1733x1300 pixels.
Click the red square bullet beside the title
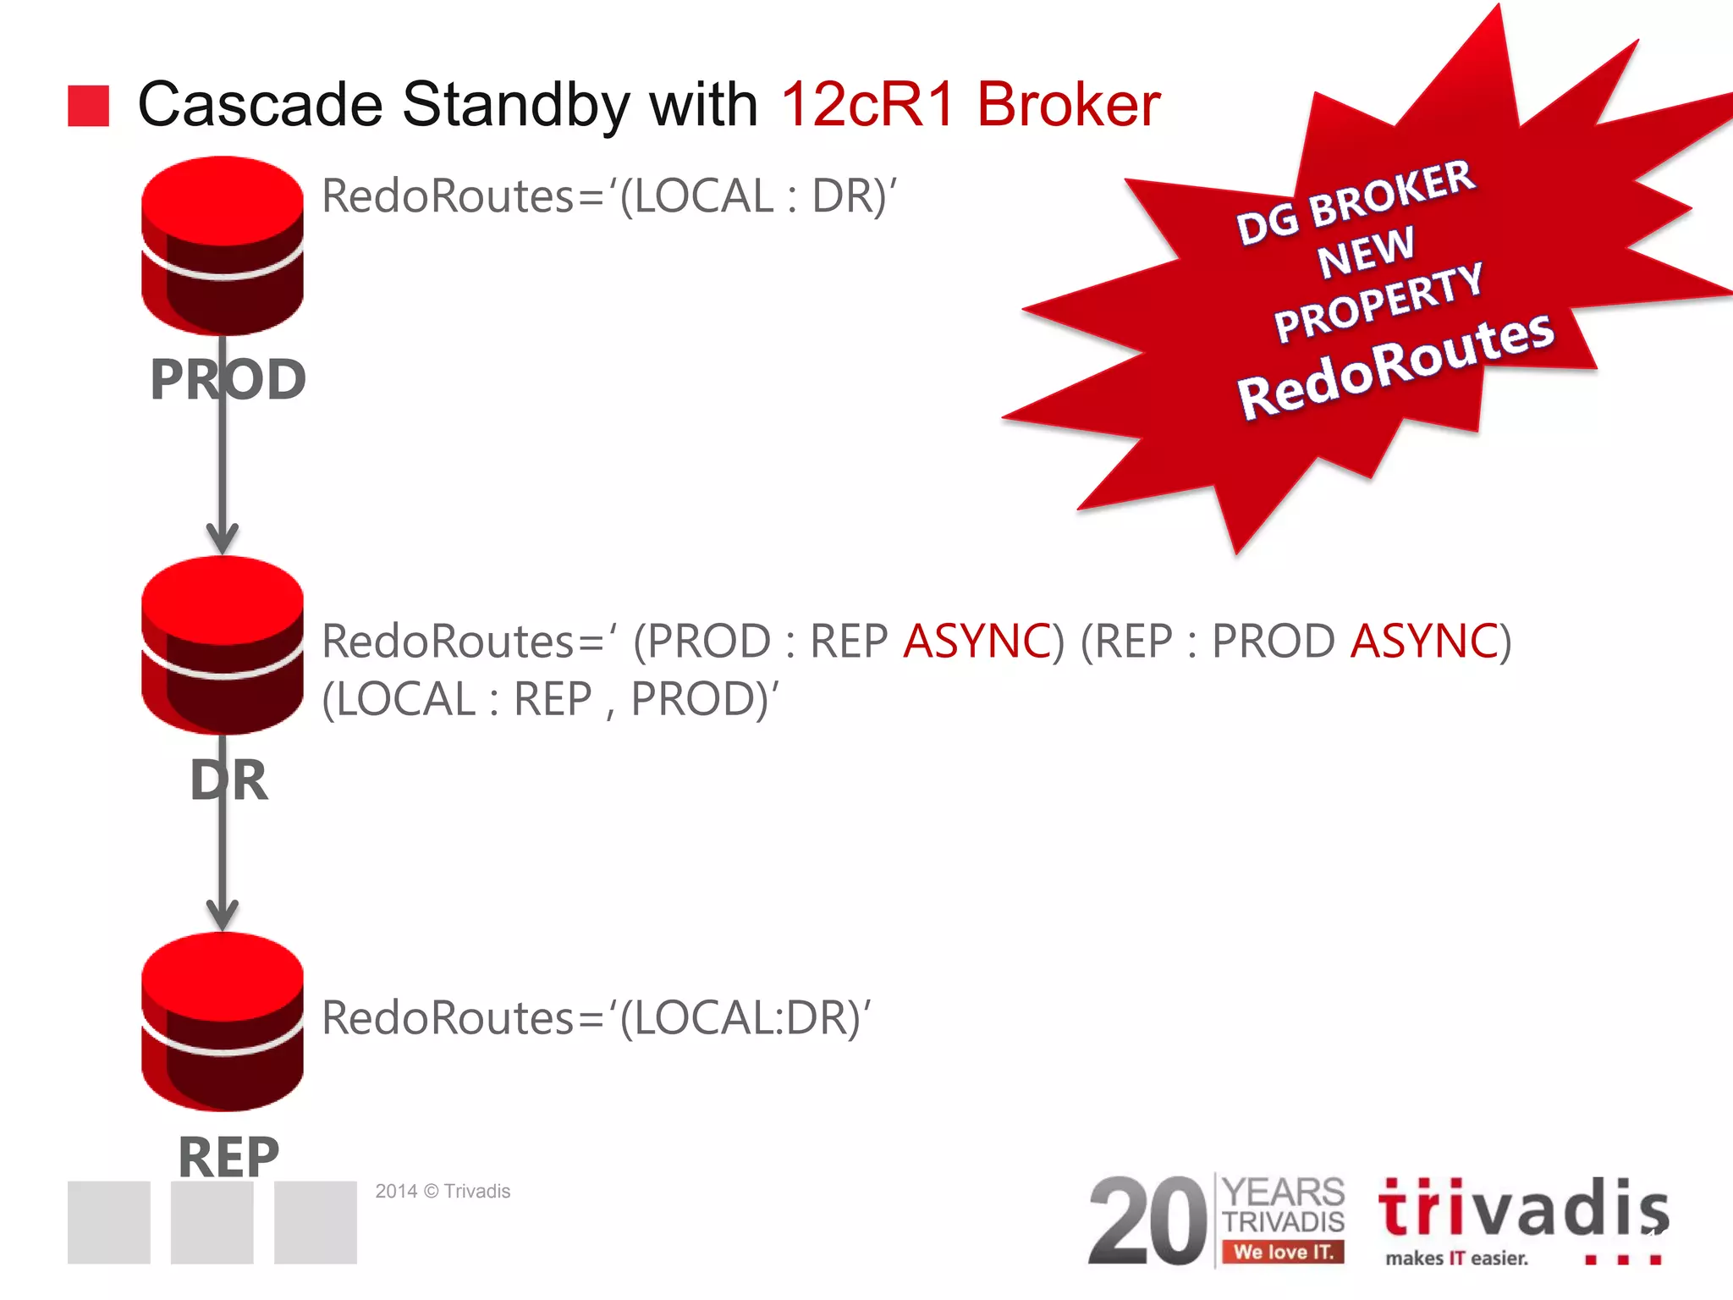click(x=88, y=106)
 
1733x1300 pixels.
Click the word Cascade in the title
click(x=260, y=105)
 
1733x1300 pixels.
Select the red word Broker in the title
click(x=1068, y=105)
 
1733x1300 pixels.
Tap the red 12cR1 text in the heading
click(x=868, y=105)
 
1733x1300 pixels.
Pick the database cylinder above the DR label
click(x=222, y=644)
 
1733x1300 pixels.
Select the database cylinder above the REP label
click(x=222, y=1021)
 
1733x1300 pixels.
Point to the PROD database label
click(x=228, y=379)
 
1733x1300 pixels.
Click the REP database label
click(x=228, y=1156)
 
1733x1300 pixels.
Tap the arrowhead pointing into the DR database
click(x=222, y=538)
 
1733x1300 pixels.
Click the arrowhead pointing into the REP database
click(x=222, y=915)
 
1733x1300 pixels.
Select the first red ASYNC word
click(x=977, y=641)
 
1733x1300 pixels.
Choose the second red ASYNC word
click(x=1424, y=641)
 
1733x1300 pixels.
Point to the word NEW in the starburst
click(x=1365, y=251)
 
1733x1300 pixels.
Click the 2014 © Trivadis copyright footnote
click(x=443, y=1191)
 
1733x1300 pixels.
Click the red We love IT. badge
click(x=1283, y=1252)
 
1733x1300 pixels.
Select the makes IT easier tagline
click(x=1456, y=1259)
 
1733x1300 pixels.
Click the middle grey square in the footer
click(x=212, y=1222)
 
